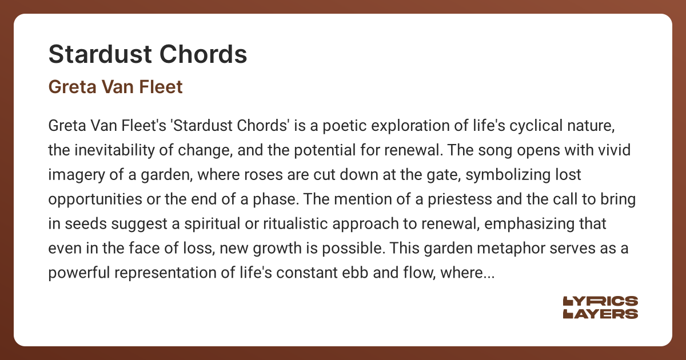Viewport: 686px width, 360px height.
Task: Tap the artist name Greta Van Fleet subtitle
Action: tap(115, 87)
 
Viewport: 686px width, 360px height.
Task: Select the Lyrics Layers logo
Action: tap(600, 307)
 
